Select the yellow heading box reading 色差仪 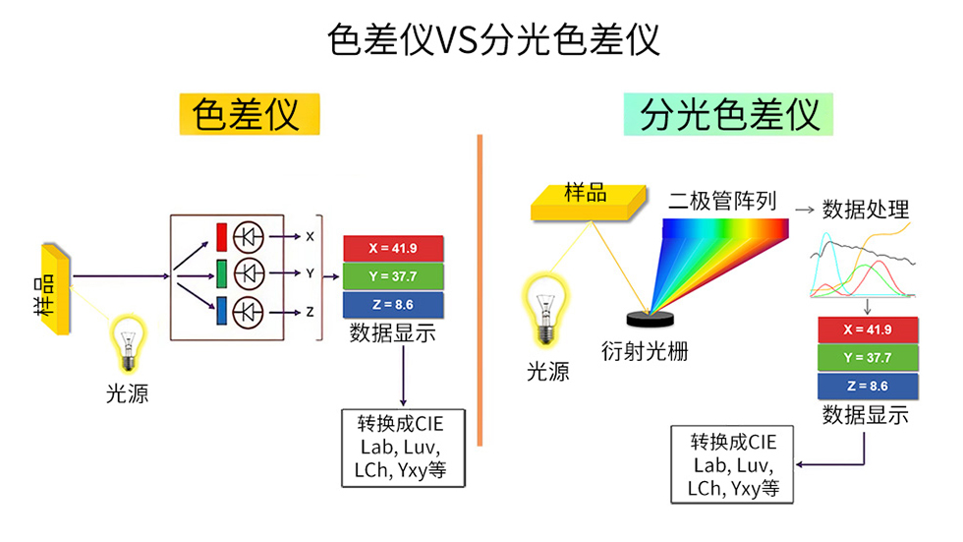point(250,115)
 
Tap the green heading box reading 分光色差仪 point(728,115)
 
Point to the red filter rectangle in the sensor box point(222,237)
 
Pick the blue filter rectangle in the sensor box point(222,310)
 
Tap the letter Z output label point(310,312)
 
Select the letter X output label point(310,237)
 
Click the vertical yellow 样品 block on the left point(54,290)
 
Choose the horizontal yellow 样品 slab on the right point(588,202)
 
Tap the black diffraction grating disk point(650,318)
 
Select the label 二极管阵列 point(722,202)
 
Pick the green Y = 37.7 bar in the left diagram point(393,275)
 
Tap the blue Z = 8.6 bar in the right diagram point(867,386)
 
